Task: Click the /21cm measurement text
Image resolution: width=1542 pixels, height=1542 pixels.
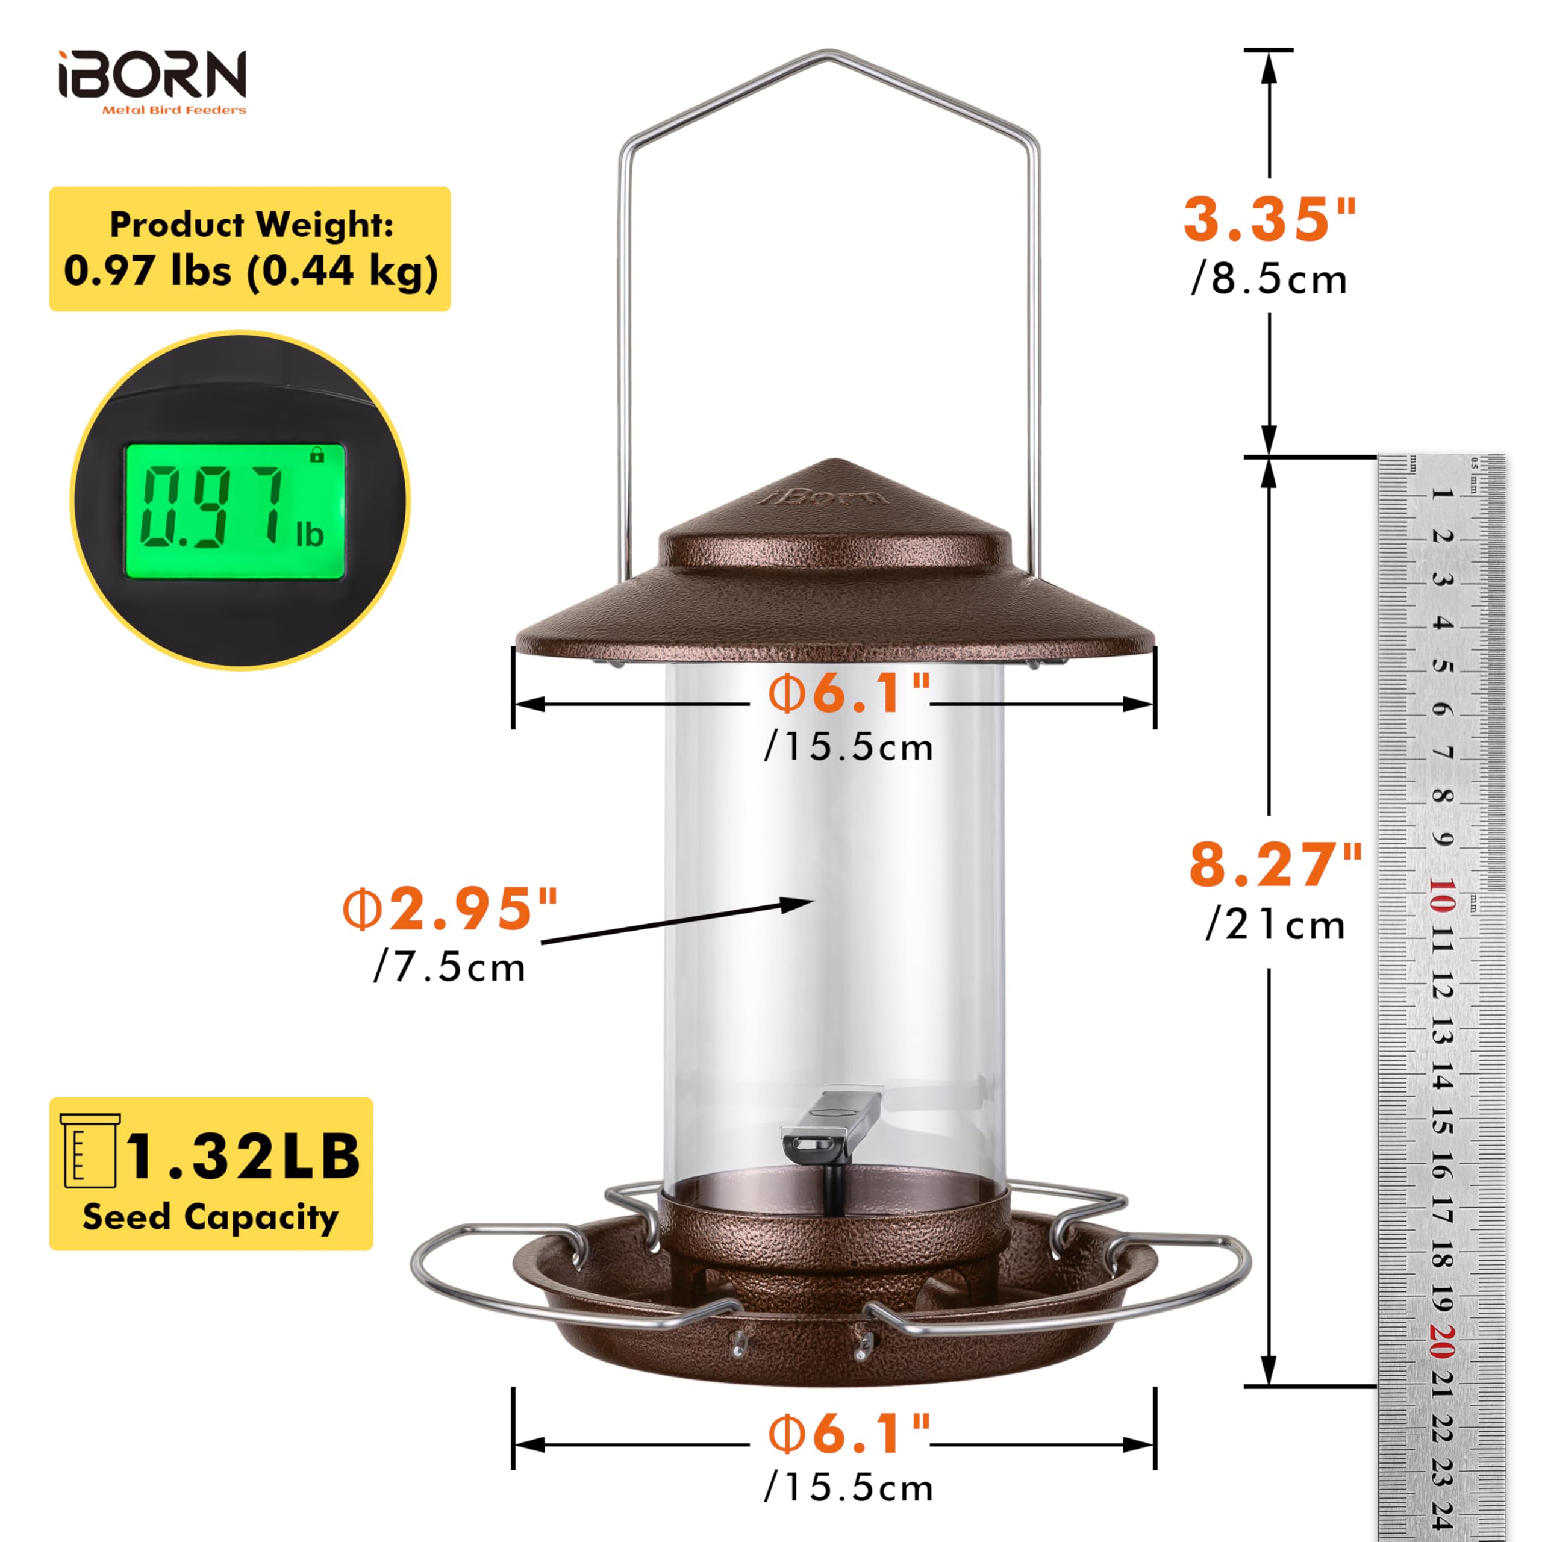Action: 1275,925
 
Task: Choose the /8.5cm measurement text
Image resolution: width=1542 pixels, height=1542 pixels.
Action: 1269,279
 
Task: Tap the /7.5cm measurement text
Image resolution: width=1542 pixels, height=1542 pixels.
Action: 449,967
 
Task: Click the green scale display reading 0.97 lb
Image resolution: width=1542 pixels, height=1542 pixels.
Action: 235,511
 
